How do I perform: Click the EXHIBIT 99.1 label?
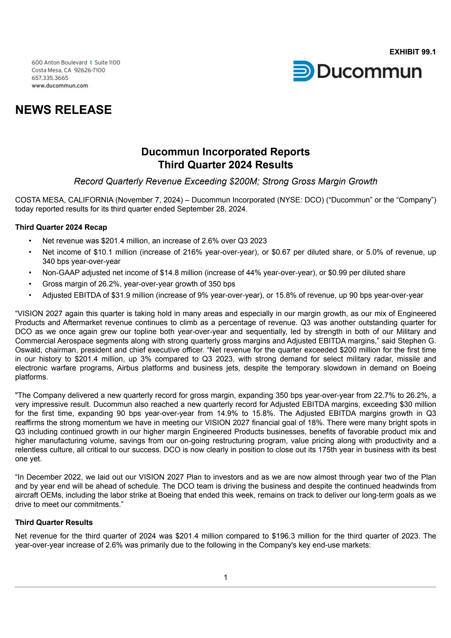click(x=412, y=52)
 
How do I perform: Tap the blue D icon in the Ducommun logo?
click(x=303, y=71)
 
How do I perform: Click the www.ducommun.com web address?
click(x=60, y=86)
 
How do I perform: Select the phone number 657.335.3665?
click(x=50, y=78)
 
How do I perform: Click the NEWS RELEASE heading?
click(x=63, y=110)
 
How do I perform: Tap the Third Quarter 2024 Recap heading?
click(x=61, y=227)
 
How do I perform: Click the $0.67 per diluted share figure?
click(x=281, y=252)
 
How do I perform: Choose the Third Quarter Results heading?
click(x=54, y=522)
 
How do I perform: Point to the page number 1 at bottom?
click(x=225, y=577)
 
